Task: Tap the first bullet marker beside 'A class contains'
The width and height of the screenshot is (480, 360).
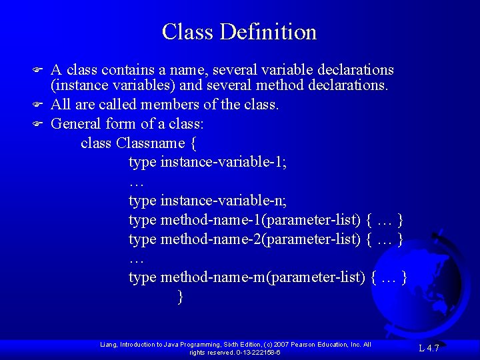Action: (38, 70)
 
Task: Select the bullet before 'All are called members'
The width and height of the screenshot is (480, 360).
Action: (38, 105)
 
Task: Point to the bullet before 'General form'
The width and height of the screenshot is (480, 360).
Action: (38, 123)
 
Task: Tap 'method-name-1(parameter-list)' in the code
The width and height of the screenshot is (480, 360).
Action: (260, 219)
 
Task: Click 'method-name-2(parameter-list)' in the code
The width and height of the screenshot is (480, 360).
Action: (260, 239)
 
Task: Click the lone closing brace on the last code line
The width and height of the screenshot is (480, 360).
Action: (180, 297)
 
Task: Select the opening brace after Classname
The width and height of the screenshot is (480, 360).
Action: (193, 143)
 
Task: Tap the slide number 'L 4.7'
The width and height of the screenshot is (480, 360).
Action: (429, 347)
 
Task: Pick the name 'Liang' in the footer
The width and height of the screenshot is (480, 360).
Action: (108, 344)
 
